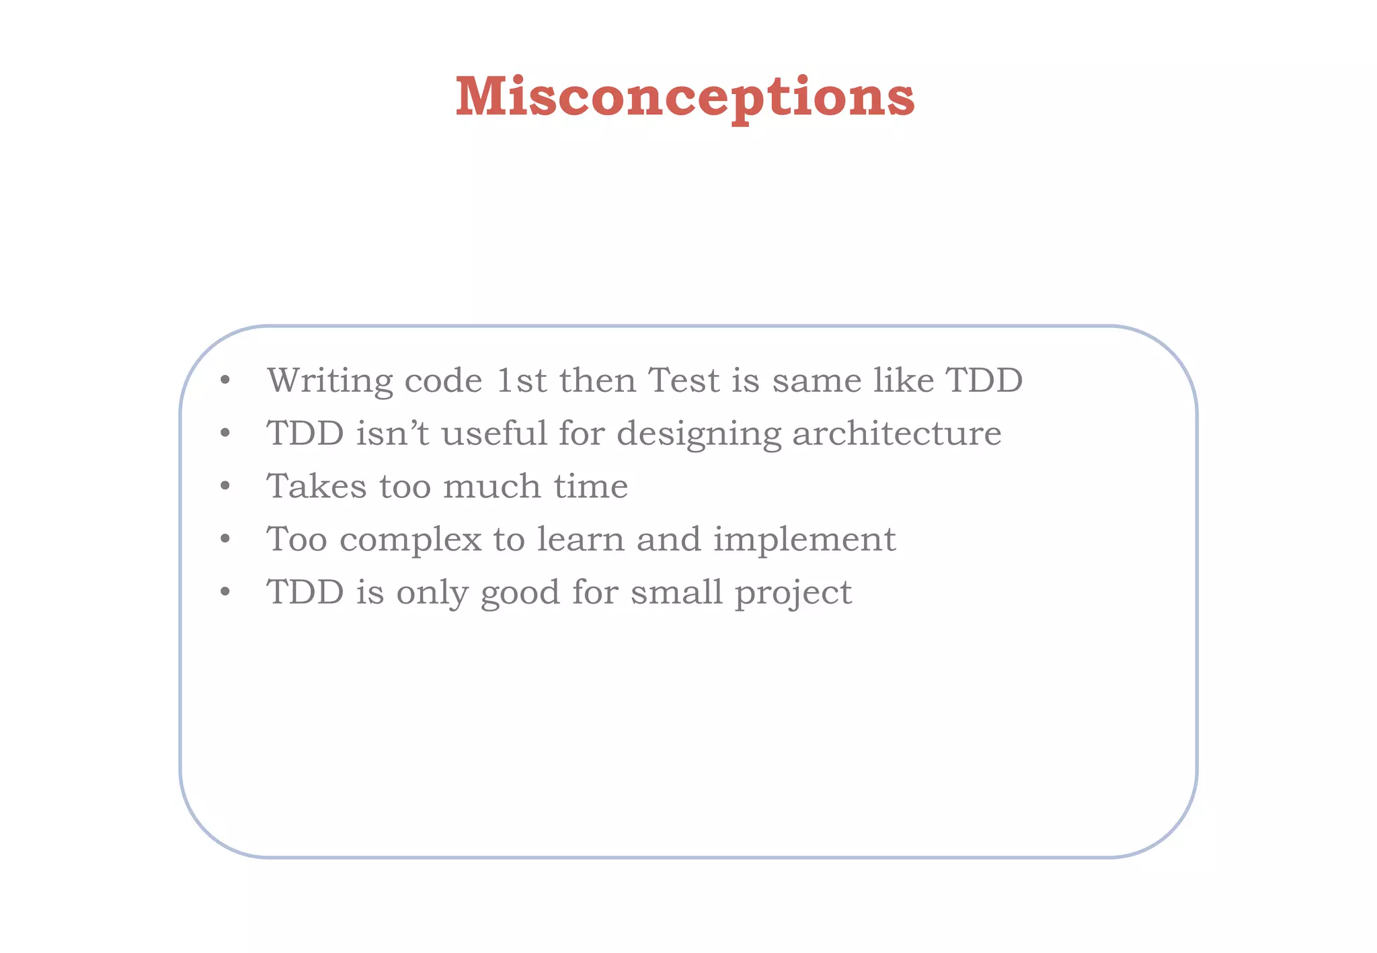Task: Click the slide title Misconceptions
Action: pyautogui.click(x=684, y=97)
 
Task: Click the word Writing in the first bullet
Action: pyautogui.click(x=329, y=381)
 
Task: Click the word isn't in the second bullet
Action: pyautogui.click(x=392, y=433)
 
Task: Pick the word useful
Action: pyautogui.click(x=494, y=433)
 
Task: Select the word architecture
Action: pyautogui.click(x=896, y=433)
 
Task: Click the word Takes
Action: pyautogui.click(x=317, y=486)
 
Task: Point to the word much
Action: pyautogui.click(x=491, y=486)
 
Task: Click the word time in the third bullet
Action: pyautogui.click(x=591, y=486)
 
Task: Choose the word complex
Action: pyautogui.click(x=410, y=540)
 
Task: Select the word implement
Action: pyautogui.click(x=804, y=540)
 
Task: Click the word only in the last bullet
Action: pyautogui.click(x=432, y=593)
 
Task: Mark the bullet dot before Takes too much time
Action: pyautogui.click(x=225, y=486)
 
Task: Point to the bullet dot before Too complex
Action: pyautogui.click(x=225, y=539)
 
